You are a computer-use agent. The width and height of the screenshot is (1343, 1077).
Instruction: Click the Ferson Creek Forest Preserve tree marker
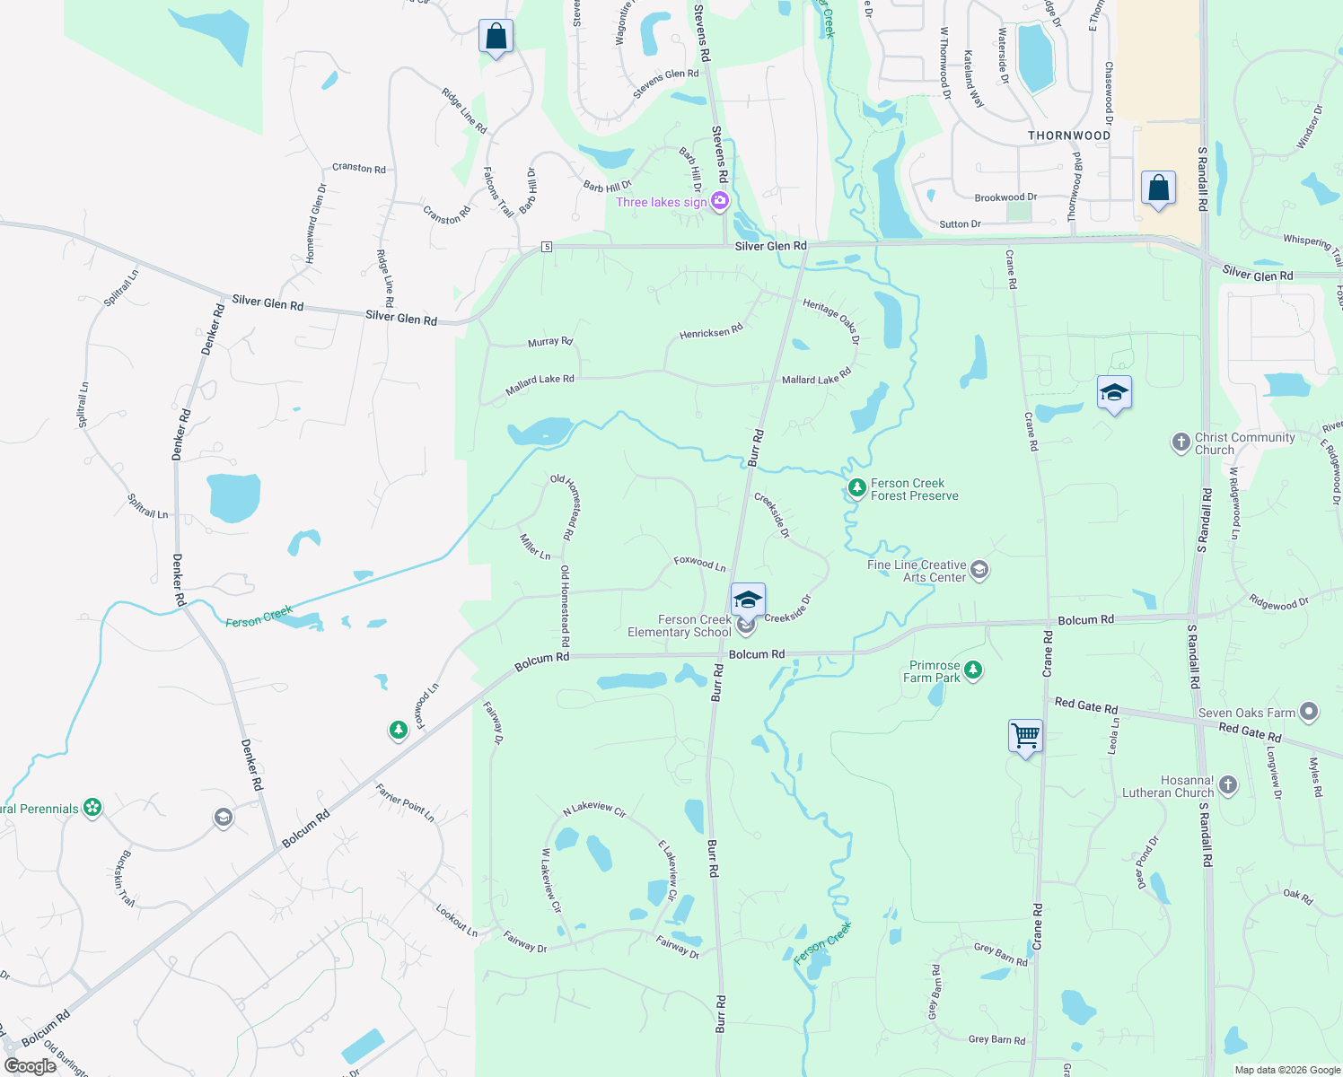click(857, 488)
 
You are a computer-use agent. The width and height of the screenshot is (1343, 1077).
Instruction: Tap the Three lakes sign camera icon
click(720, 201)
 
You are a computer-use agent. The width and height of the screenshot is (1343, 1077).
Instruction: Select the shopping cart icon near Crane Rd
click(1025, 736)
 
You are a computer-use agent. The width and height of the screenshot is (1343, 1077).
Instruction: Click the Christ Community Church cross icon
click(1181, 442)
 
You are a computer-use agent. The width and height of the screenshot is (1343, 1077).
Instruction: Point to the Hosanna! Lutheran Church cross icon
click(1228, 785)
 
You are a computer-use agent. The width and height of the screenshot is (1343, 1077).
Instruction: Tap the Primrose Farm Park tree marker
click(972, 670)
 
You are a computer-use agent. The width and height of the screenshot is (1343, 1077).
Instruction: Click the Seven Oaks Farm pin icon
click(1309, 713)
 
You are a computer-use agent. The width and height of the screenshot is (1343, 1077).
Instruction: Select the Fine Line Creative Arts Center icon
click(979, 570)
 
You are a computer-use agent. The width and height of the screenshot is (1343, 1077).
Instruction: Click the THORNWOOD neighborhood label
click(1069, 136)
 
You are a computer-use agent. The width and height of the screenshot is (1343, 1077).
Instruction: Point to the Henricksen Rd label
click(711, 332)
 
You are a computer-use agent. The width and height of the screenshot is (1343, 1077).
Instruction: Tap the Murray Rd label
click(550, 342)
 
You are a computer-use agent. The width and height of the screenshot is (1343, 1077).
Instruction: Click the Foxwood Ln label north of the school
click(700, 563)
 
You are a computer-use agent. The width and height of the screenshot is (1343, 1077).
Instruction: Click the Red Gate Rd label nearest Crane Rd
click(1086, 705)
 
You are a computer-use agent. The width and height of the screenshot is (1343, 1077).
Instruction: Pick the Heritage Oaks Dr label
click(831, 321)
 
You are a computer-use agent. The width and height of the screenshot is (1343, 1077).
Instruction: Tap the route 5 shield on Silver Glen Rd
click(546, 247)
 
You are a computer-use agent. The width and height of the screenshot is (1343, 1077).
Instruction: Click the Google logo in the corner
click(30, 1065)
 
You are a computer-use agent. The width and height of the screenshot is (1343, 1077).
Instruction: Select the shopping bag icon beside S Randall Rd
click(1158, 188)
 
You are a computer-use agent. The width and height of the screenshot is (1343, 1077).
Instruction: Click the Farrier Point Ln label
click(405, 802)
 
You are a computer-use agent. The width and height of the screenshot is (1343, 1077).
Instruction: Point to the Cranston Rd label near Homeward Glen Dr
click(359, 168)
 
